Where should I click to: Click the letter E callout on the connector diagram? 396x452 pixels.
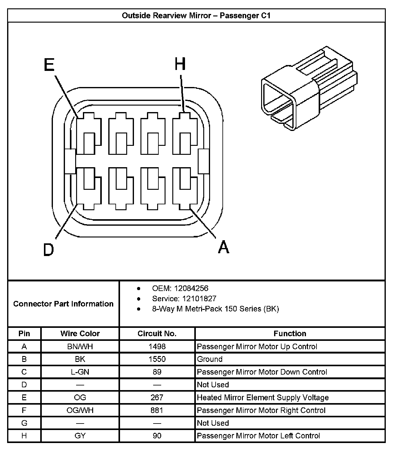pos(49,65)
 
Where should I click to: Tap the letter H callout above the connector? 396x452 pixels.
pos(180,64)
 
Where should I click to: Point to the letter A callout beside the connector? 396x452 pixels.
pos(223,247)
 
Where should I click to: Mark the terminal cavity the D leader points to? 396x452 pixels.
pos(89,189)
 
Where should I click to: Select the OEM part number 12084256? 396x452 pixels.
pos(191,288)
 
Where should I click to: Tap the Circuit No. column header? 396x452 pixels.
pos(157,333)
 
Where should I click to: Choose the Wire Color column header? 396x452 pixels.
pos(80,333)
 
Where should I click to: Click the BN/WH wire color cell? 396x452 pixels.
pos(80,346)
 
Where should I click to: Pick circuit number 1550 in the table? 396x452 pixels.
pos(157,359)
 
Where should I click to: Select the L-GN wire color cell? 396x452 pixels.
pos(80,372)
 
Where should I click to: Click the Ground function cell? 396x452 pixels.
pos(210,359)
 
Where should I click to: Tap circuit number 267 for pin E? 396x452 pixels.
pos(157,398)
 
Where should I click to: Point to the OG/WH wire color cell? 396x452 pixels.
pos(80,410)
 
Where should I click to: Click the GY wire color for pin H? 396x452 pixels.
pos(80,436)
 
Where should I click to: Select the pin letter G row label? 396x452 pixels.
pos(24,423)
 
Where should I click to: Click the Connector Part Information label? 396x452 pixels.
pos(63,304)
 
